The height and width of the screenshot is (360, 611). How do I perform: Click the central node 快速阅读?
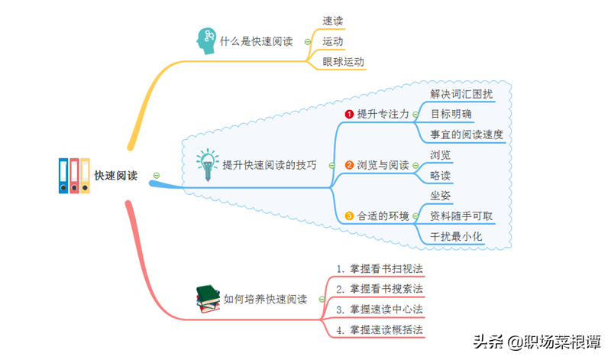(116, 176)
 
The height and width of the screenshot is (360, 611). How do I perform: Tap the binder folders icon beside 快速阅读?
(74, 176)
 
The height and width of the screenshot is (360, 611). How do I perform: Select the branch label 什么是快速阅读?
(256, 41)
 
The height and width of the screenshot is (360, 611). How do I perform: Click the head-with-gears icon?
(206, 41)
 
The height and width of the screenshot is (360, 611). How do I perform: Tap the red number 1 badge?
(350, 114)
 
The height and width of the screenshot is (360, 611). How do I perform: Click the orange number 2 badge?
(350, 165)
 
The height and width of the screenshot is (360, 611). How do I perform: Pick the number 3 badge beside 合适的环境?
(350, 216)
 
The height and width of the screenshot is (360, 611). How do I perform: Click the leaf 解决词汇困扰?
(461, 93)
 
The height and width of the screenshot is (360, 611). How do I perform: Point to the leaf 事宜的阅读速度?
(467, 135)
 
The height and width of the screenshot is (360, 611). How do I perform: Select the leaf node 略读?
(441, 176)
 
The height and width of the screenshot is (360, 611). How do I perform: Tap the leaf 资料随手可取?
(461, 216)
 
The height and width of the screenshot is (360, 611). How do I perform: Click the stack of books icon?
(208, 299)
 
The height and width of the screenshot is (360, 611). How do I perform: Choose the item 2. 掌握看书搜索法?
(380, 289)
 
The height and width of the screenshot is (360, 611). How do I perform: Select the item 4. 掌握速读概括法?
(380, 330)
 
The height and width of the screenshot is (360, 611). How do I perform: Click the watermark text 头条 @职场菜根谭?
(536, 342)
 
